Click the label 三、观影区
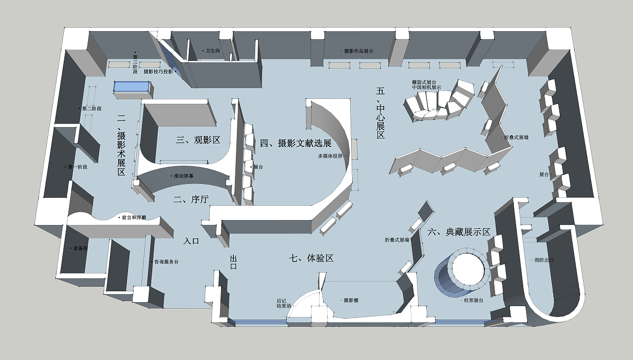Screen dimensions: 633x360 [x=198, y=140]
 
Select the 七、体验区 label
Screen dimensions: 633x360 [x=312, y=258]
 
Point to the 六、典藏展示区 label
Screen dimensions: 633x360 [x=458, y=232]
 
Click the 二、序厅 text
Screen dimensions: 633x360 [x=191, y=200]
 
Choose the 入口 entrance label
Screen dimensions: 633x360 [x=191, y=241]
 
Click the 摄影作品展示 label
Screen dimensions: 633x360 [x=359, y=51]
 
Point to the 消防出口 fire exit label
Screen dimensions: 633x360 [x=544, y=260]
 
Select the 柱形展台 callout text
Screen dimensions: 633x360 [x=473, y=300]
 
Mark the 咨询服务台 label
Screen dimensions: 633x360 [x=166, y=262]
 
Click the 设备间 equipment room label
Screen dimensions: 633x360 [x=80, y=248]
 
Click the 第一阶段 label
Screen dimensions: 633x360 [x=78, y=167]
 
